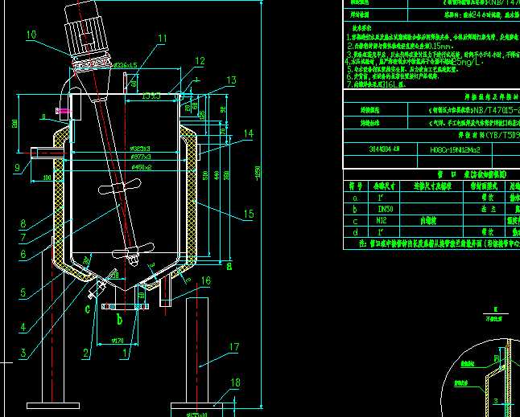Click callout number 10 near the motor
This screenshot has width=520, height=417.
31,35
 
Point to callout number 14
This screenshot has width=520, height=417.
247,133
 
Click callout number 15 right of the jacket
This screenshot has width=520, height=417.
248,214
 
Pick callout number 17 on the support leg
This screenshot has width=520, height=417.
233,347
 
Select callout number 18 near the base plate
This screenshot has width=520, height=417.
234,382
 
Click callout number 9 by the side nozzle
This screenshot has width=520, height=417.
17,168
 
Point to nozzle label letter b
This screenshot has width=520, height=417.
119,320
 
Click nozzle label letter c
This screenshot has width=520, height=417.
87,306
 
